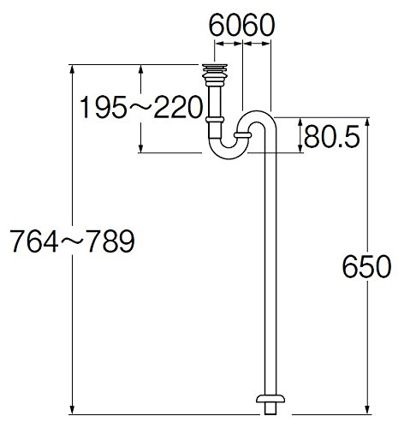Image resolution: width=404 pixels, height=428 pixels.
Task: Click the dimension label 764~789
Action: [x=73, y=241]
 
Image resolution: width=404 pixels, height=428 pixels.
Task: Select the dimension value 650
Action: [x=366, y=267]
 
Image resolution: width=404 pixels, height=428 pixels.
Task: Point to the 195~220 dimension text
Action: [x=141, y=107]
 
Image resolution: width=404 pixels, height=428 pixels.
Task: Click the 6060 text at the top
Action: [x=242, y=25]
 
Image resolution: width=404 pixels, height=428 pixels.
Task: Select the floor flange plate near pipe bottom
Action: [x=270, y=399]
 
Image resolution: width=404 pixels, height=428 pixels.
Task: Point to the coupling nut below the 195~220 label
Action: [x=215, y=120]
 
